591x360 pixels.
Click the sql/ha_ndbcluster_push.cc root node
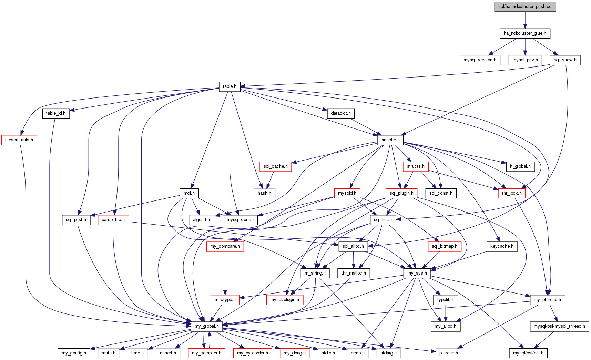coord(525,7)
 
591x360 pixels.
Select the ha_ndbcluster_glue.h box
coord(525,33)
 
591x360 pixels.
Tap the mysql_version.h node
coord(480,60)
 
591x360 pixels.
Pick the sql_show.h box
coord(565,60)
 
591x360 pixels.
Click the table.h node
coord(230,86)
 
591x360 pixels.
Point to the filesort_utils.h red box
coord(19,140)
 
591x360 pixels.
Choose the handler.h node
coord(390,140)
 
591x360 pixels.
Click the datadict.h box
coord(341,113)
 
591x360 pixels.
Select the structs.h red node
coord(416,166)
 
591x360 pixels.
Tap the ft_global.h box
coord(520,166)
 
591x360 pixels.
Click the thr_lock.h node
coord(512,193)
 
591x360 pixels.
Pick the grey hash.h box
coord(264,193)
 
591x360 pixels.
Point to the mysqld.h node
coord(347,193)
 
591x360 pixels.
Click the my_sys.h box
coord(417,273)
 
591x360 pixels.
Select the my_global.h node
coord(207,326)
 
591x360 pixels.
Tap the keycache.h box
coord(502,246)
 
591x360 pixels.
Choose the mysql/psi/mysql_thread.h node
coord(559,326)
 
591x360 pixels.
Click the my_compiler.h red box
coord(206,353)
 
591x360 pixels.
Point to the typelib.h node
coord(446,300)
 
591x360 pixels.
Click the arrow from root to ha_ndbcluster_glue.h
coord(525,20)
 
